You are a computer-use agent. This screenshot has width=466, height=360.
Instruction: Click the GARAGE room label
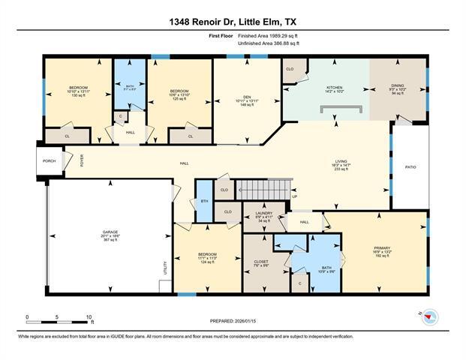[x=111, y=232]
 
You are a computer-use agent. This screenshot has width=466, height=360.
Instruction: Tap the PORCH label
[x=49, y=160]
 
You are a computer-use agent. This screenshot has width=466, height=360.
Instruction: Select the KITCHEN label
[x=334, y=88]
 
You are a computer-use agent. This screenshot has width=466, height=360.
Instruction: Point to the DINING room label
[x=398, y=85]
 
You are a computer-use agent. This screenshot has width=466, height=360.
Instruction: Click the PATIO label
[x=410, y=167]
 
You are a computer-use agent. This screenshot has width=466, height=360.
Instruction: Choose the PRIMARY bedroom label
[x=383, y=248]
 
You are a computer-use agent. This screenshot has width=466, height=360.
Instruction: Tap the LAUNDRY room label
[x=263, y=214]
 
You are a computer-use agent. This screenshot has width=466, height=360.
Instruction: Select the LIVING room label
[x=341, y=161]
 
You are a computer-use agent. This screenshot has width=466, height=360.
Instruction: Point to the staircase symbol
[x=263, y=189]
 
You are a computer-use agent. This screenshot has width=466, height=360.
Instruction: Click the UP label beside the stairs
[x=294, y=196]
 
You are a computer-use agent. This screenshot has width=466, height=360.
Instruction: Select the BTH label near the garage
[x=203, y=201]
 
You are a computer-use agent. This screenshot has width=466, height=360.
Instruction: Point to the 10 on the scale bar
[x=89, y=317]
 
